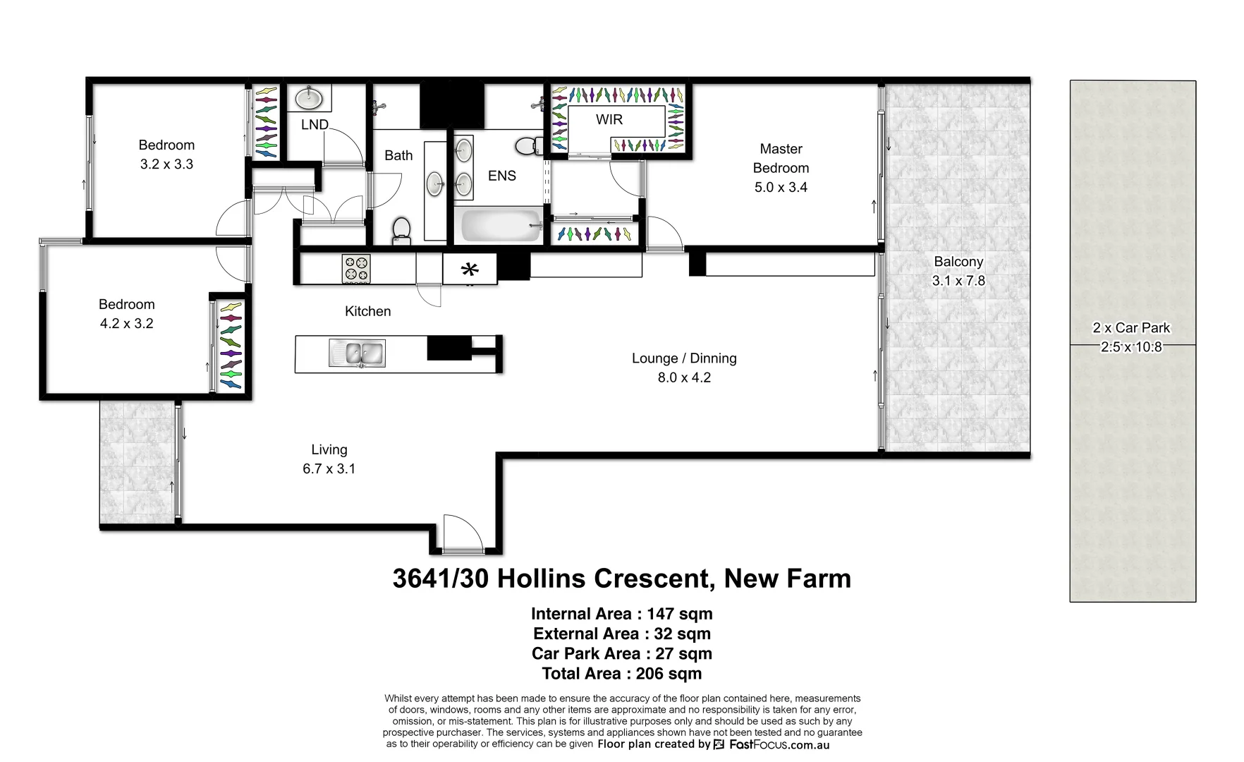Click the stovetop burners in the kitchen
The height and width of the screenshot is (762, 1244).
356,269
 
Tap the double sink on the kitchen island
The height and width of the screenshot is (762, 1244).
358,353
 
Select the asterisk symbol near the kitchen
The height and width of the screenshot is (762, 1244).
470,270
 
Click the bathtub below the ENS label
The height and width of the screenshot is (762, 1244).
501,225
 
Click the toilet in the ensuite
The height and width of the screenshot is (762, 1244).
526,146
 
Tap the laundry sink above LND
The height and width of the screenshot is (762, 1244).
309,98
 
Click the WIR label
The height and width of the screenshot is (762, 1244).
609,119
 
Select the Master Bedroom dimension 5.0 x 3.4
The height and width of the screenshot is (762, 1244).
781,187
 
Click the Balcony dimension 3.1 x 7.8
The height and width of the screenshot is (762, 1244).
958,280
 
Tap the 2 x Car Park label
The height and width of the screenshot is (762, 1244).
1131,327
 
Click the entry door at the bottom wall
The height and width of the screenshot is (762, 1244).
463,535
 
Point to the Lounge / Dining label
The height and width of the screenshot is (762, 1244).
683,358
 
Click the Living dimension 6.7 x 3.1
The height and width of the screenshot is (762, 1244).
329,468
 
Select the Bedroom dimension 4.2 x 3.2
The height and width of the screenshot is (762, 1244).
126,323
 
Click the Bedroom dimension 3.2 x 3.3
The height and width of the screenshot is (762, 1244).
166,164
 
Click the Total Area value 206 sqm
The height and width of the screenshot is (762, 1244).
669,673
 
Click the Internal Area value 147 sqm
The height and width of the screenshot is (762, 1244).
679,614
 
